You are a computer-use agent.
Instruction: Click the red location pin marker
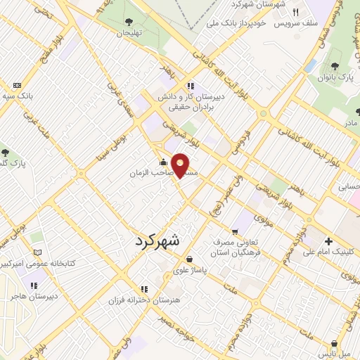[x=181, y=165]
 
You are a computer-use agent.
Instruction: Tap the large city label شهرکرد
[x=156, y=240]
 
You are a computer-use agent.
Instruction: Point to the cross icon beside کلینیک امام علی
[x=329, y=240]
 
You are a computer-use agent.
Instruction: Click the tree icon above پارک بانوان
[x=326, y=67]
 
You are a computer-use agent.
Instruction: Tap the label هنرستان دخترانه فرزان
[x=139, y=300]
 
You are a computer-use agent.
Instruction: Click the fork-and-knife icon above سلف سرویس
[x=296, y=13]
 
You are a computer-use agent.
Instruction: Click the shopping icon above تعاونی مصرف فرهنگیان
[x=235, y=231]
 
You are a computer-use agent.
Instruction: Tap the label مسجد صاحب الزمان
[x=150, y=172]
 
